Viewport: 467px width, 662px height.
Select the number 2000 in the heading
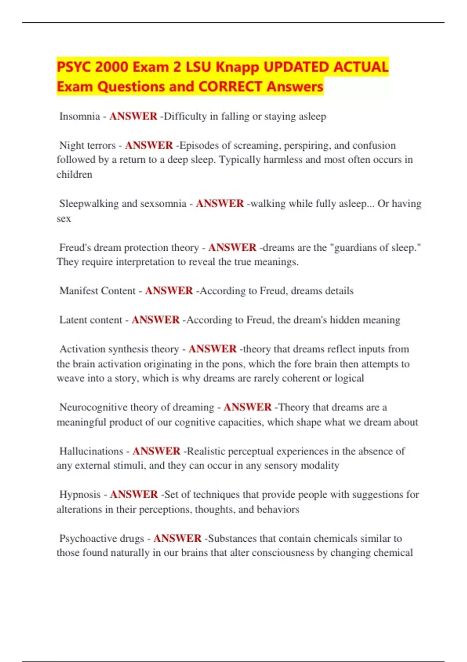pos(111,67)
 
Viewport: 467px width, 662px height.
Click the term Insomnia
pos(79,116)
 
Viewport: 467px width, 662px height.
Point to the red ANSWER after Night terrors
pos(149,145)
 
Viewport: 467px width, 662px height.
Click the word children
pos(74,174)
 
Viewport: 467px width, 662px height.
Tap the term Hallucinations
pos(91,451)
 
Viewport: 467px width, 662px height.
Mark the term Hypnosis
pos(80,495)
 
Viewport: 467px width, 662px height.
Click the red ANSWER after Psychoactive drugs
pos(177,539)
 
